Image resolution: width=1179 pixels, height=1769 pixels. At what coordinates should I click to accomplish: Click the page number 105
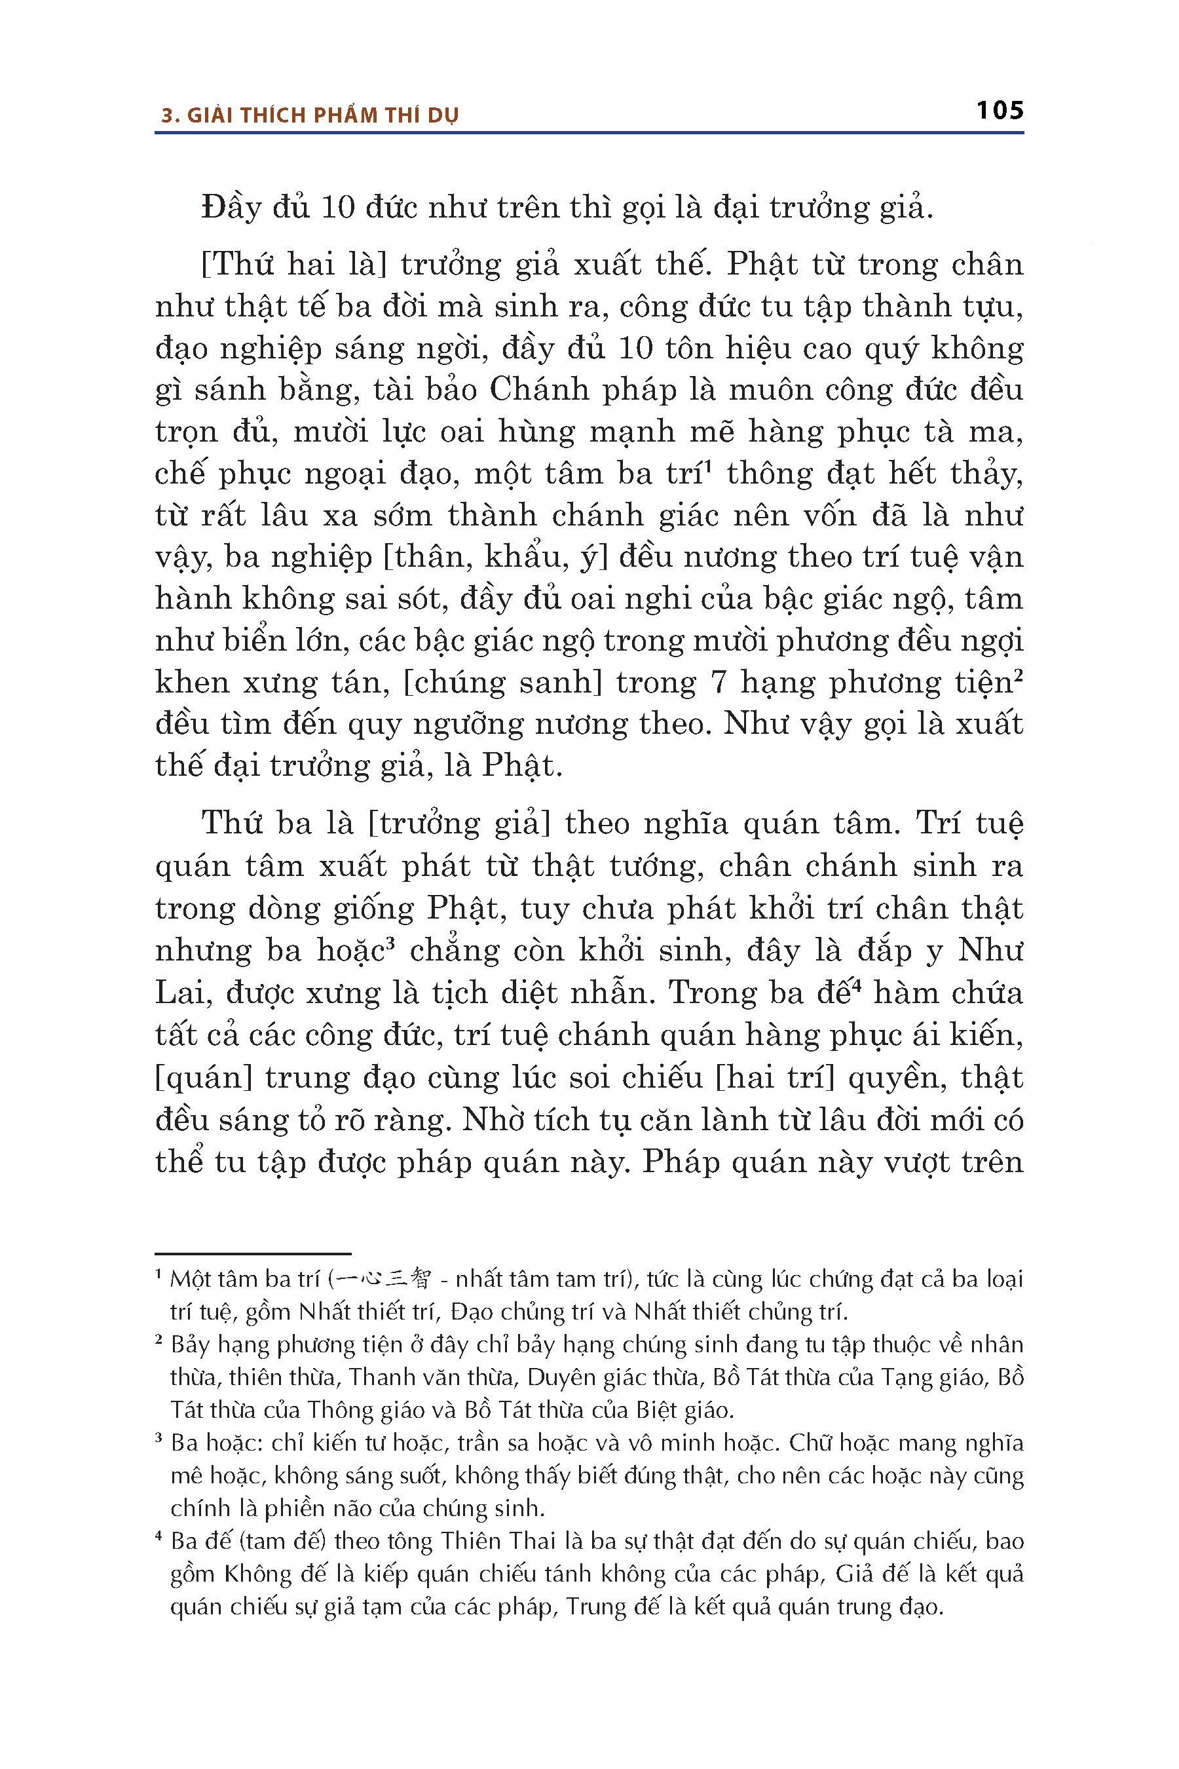pyautogui.click(x=1000, y=111)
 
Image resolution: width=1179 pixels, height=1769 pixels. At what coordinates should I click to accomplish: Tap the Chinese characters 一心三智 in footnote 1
pyautogui.click(x=383, y=1279)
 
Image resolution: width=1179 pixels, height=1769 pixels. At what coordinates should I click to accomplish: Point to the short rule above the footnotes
pyautogui.click(x=253, y=1254)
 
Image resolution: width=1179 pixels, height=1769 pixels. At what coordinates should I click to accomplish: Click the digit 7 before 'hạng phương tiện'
pyautogui.click(x=719, y=682)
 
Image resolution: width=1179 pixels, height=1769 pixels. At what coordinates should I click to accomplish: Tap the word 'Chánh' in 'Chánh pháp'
pyautogui.click(x=525, y=390)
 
